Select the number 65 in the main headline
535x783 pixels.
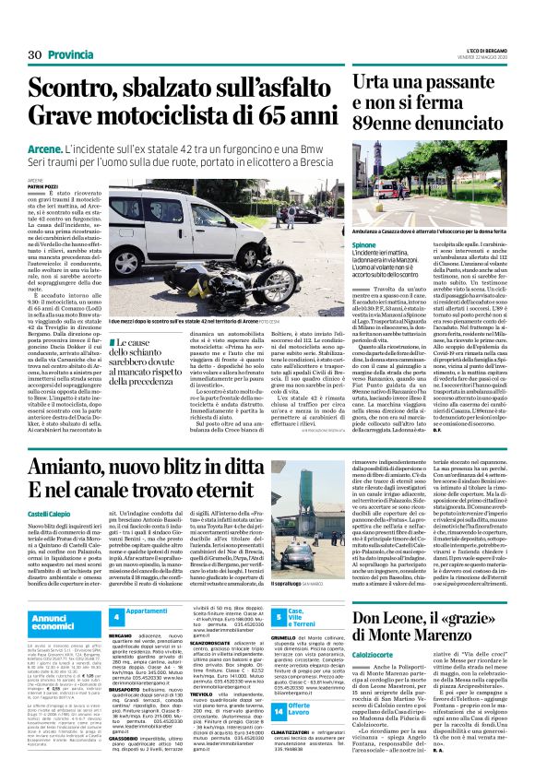tap(248, 116)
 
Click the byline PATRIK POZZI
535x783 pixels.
tap(43, 187)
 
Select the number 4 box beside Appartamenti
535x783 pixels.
tap(117, 615)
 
